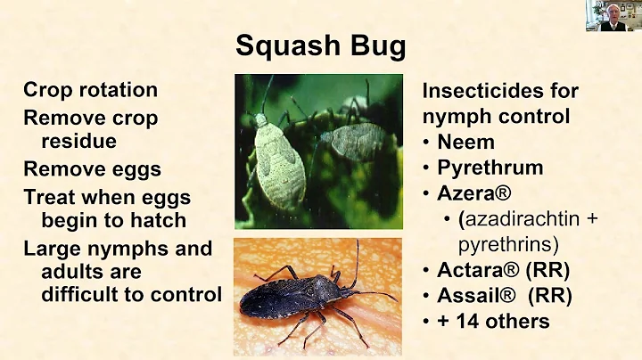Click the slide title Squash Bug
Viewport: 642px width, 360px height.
pyautogui.click(x=320, y=45)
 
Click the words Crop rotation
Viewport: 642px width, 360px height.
pyautogui.click(x=90, y=90)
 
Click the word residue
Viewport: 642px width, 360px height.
pyautogui.click(x=78, y=141)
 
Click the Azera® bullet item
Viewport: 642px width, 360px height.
pyautogui.click(x=473, y=193)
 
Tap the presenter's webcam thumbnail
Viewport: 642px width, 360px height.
pyautogui.click(x=613, y=16)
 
